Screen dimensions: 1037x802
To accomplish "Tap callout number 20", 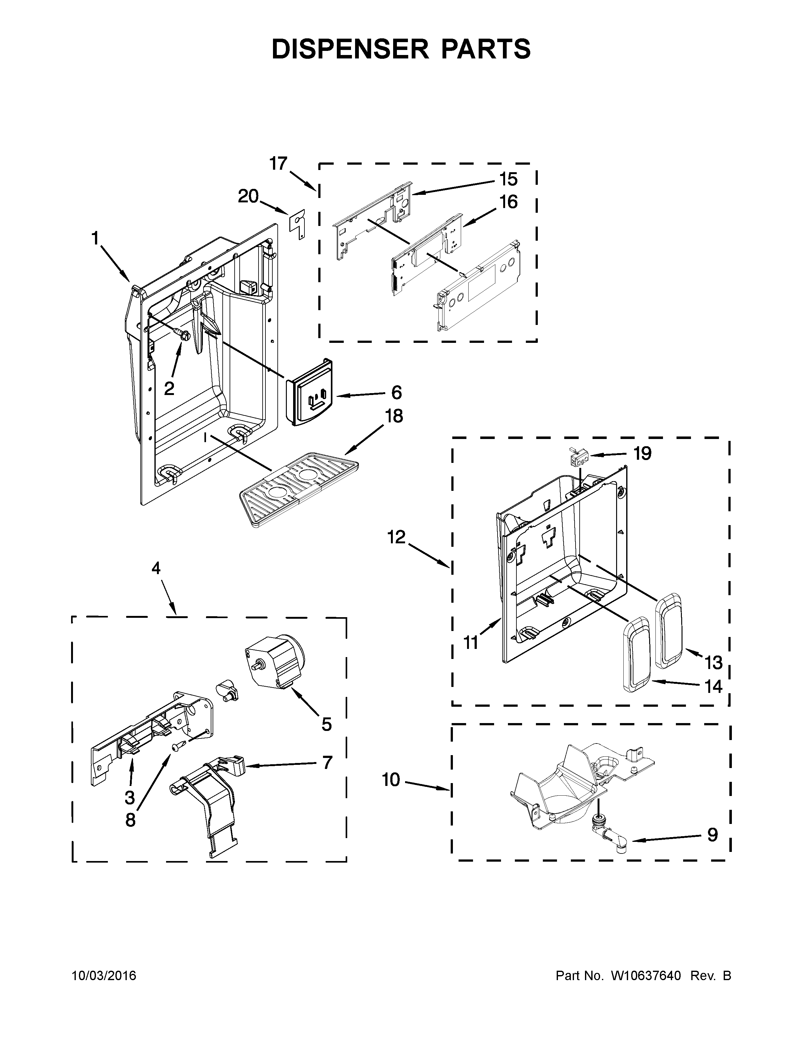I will (x=248, y=196).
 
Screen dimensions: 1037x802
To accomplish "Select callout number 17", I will (x=278, y=163).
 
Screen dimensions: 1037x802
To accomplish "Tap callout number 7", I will (x=326, y=763).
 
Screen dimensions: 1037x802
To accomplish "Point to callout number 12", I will (x=396, y=537).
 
